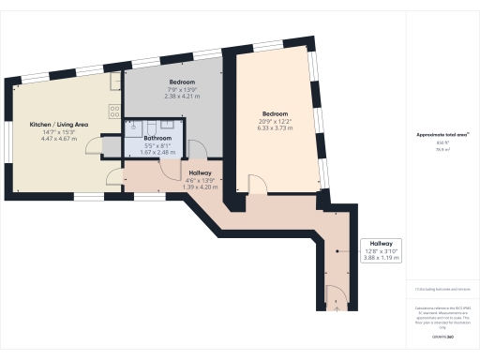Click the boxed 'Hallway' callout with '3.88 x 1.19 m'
380,249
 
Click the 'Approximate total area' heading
442,135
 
